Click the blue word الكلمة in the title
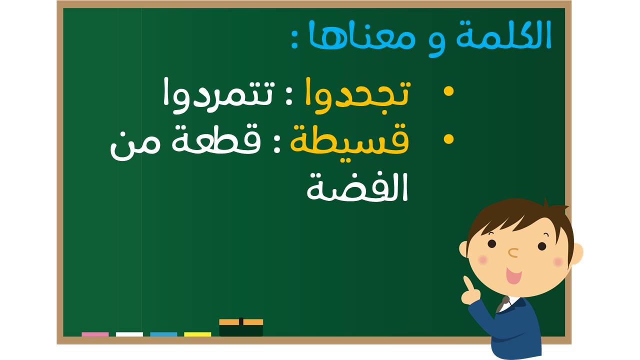[x=503, y=34]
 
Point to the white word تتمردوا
[x=219, y=96]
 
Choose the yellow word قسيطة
[x=349, y=142]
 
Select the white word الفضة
[x=357, y=187]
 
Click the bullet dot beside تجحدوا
[x=448, y=91]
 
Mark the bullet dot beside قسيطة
[x=448, y=139]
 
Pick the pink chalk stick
[x=95, y=334]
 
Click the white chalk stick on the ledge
[x=129, y=334]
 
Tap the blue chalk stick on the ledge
[x=163, y=334]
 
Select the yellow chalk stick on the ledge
[x=197, y=334]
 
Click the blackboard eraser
[x=241, y=327]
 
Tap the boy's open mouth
[x=514, y=275]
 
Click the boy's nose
[x=513, y=252]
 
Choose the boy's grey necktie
[x=502, y=304]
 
